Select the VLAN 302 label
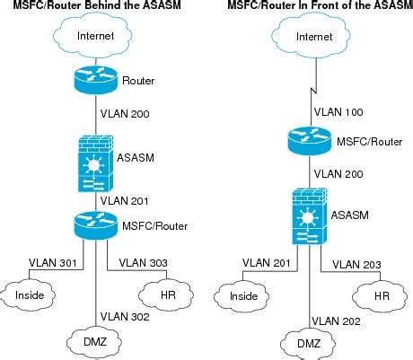tap(125, 316)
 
